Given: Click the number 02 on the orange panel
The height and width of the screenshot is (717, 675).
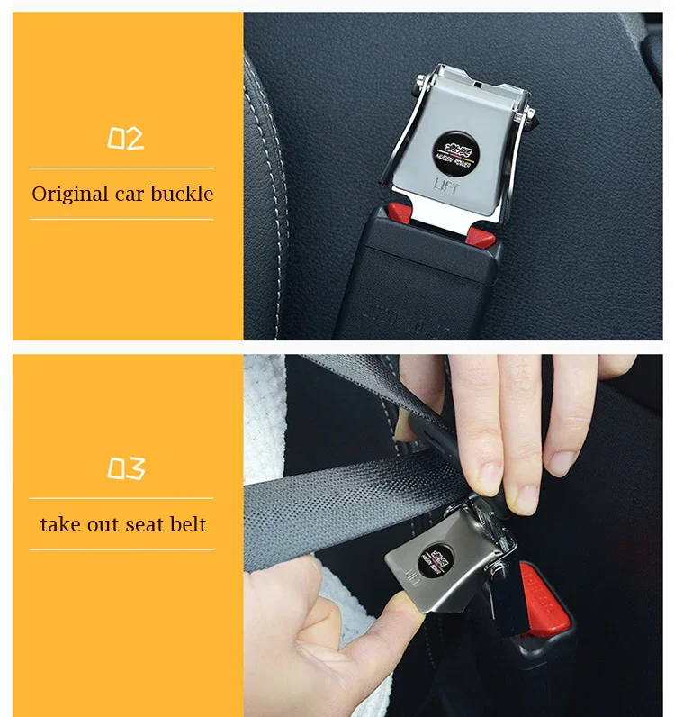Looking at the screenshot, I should pos(125,139).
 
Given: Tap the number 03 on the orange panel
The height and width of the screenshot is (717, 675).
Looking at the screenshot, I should pos(125,468).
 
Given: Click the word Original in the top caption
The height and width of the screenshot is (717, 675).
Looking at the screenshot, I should pos(69,194).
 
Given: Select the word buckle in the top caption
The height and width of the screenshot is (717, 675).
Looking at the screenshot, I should pos(182,194).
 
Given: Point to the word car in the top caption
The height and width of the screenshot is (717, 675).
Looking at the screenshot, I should pos(129,194).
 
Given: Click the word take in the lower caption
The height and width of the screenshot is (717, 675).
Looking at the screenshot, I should pos(59,524).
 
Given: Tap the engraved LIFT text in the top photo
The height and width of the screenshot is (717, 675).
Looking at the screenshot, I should pos(448,186).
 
